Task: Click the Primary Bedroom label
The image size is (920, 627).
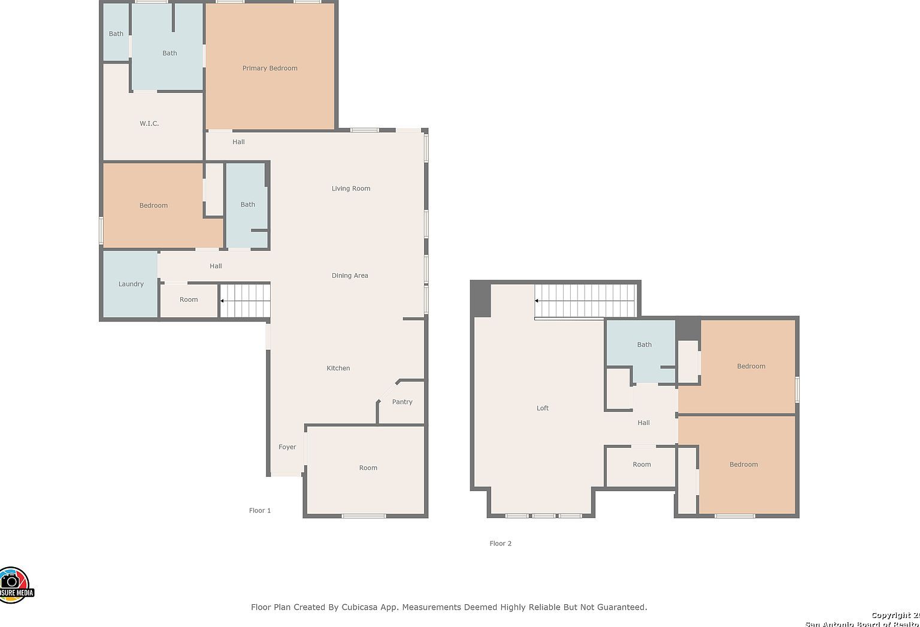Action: pyautogui.click(x=270, y=68)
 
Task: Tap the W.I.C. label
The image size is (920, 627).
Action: pyautogui.click(x=149, y=123)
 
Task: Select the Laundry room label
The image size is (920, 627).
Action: pyautogui.click(x=131, y=284)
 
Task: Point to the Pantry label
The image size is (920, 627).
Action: pyautogui.click(x=402, y=402)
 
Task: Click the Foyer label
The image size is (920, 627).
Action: pyautogui.click(x=287, y=447)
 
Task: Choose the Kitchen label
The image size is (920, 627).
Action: pyautogui.click(x=338, y=368)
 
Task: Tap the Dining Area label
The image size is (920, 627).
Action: pyautogui.click(x=350, y=275)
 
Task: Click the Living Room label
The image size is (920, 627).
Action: pyautogui.click(x=350, y=189)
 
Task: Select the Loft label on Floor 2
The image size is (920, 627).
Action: pyautogui.click(x=542, y=408)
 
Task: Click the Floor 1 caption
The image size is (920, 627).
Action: pyautogui.click(x=260, y=511)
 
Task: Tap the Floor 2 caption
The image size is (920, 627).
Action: pyautogui.click(x=500, y=544)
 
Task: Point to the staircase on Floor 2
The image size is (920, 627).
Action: pyautogui.click(x=585, y=301)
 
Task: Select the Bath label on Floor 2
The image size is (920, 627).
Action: pyautogui.click(x=644, y=345)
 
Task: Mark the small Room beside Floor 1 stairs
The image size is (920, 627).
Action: pyautogui.click(x=189, y=300)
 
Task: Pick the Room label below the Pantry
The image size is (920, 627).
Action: pyautogui.click(x=368, y=468)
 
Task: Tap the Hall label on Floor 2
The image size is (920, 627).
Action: pyautogui.click(x=643, y=423)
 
